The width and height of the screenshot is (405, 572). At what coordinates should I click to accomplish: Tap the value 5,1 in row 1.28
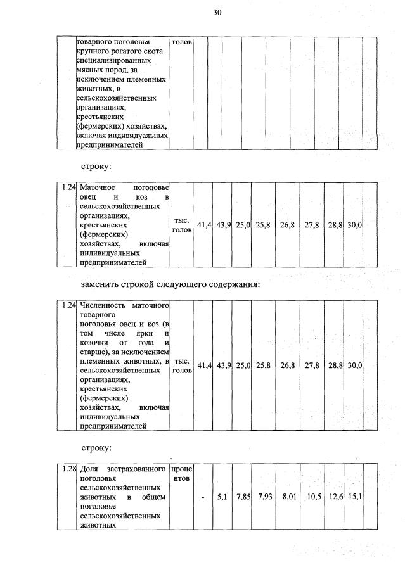[x=222, y=498]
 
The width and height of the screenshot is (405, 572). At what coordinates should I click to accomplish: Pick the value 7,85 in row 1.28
[x=243, y=498]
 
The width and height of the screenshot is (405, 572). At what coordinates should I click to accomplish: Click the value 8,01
[x=288, y=498]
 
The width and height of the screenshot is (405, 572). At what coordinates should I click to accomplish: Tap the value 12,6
[x=335, y=498]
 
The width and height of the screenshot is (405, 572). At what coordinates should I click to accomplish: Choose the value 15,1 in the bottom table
[x=354, y=498]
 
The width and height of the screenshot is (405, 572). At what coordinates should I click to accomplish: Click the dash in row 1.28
[x=202, y=498]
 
